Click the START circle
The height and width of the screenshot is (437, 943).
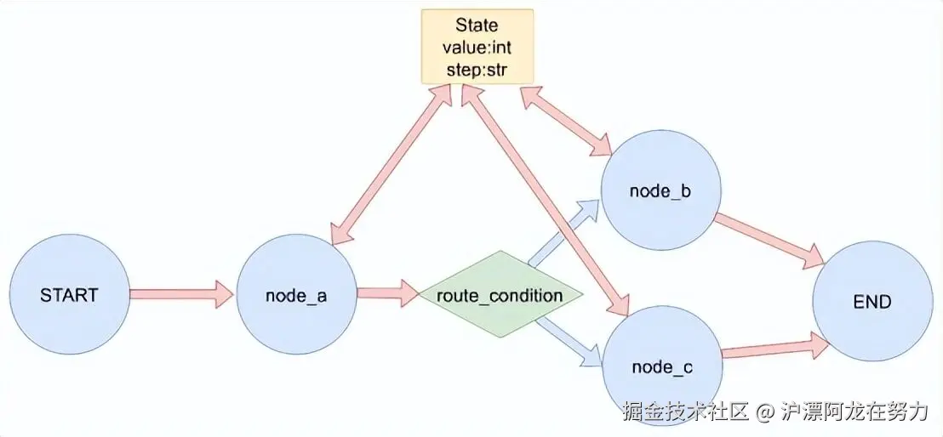[x=69, y=295]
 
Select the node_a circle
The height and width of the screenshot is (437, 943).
[x=296, y=295]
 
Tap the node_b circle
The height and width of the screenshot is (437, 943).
[x=660, y=191]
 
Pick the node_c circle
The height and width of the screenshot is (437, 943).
[x=661, y=366]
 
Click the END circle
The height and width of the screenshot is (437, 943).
[x=872, y=301]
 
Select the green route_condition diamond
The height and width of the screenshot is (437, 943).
[x=500, y=296]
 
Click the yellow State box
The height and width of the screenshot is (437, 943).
[x=477, y=46]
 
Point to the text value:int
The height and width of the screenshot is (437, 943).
[x=477, y=48]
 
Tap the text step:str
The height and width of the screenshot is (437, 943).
[x=477, y=70]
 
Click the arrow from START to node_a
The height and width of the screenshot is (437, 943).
[x=181, y=295]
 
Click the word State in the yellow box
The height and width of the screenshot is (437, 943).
[x=477, y=26]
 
